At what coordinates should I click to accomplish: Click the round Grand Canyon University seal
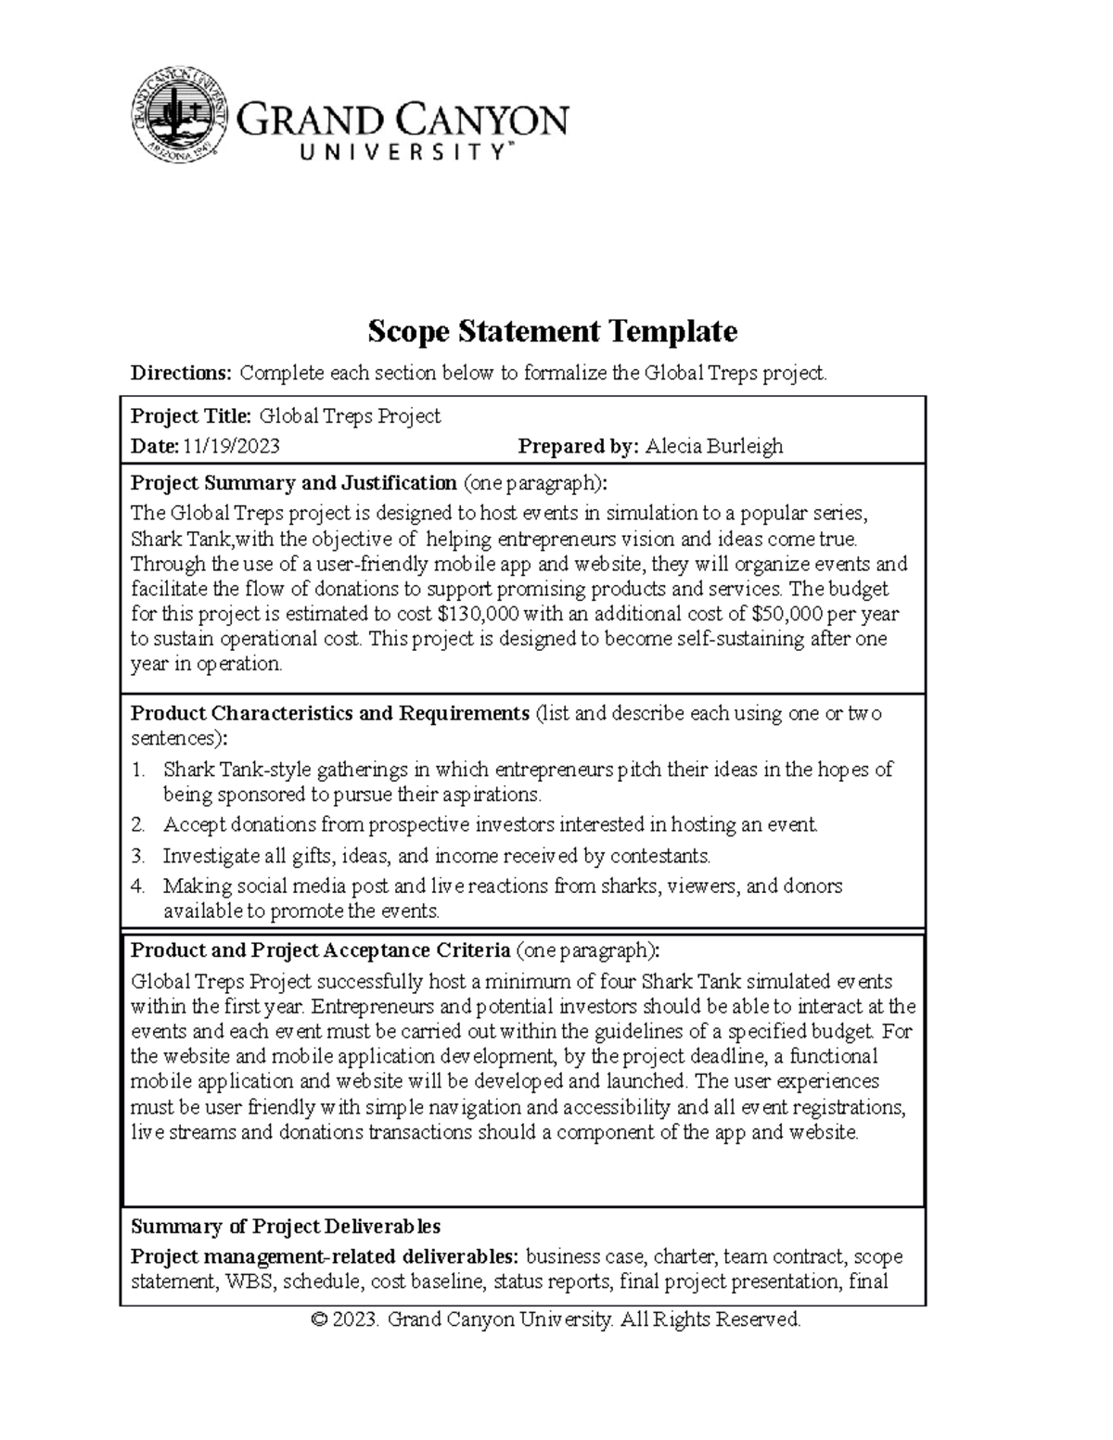pos(180,114)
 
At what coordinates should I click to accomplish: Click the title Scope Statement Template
pos(553,330)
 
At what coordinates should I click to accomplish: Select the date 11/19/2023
pos(231,447)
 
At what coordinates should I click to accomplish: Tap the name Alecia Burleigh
pos(714,447)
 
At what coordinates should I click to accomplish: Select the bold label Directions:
pos(181,374)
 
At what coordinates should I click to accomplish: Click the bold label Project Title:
pos(191,416)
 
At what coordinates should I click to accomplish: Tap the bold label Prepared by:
pos(578,447)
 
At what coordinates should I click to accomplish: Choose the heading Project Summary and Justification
pos(293,483)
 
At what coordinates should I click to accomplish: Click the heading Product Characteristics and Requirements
pos(329,714)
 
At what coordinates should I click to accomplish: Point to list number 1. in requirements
pos(138,770)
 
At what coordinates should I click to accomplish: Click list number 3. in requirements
pos(138,856)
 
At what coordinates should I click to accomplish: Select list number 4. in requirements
pos(138,886)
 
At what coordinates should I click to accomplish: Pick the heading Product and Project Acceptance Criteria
pos(320,950)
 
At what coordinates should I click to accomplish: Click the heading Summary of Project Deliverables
pos(286,1227)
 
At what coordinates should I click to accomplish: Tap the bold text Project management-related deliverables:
pos(325,1257)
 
